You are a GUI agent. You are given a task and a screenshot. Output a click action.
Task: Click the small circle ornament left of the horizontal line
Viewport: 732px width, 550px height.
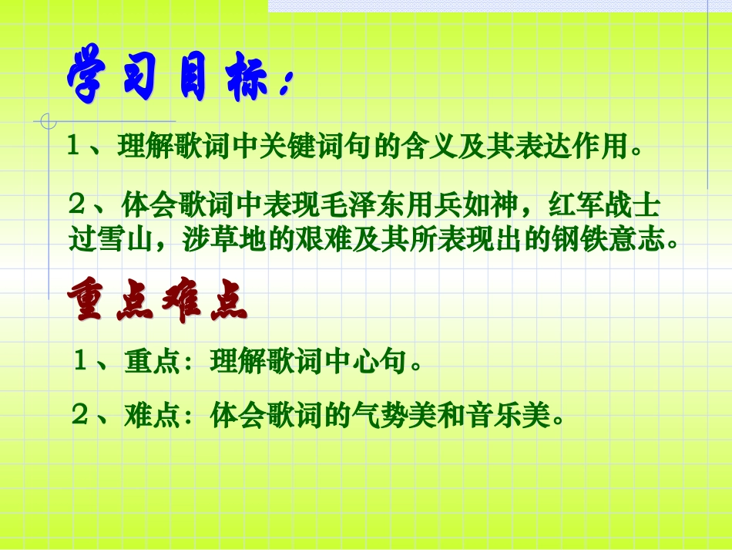point(49,121)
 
